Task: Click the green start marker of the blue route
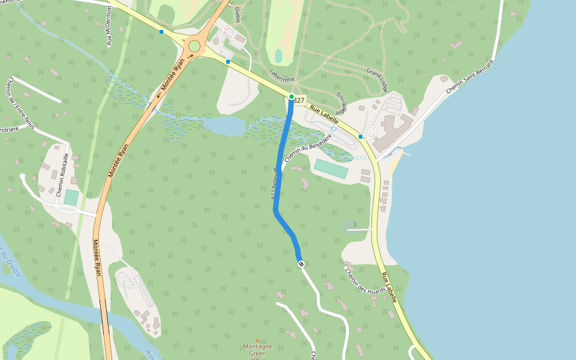pos(292,97)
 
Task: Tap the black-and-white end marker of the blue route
pos(301,264)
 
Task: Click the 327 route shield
pos(299,100)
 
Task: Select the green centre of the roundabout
pos(194,46)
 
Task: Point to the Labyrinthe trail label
pos(283,78)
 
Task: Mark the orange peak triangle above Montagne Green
pos(257,340)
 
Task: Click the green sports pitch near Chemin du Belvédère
pos(331,169)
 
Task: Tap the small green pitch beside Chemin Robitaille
pos(71,197)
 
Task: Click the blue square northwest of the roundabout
pos(161,31)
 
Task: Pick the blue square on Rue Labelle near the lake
pos(361,137)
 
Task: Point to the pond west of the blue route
pos(224,126)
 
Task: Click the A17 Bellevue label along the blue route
pos(274,183)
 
